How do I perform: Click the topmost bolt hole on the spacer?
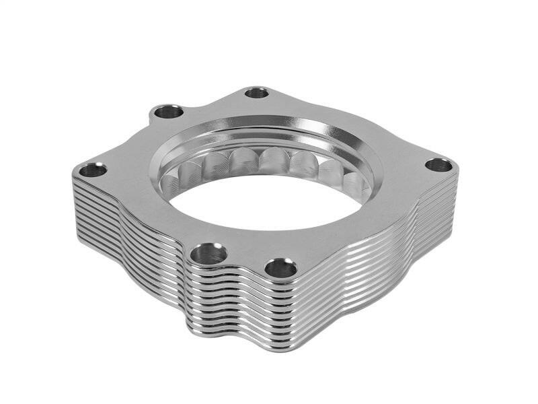pos(256,92)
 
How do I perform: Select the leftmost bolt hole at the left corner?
pos(93,170)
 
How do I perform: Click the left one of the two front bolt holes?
pos(208,255)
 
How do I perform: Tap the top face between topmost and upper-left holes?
pos(212,102)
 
